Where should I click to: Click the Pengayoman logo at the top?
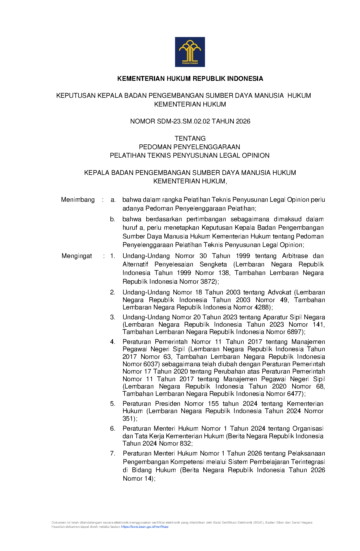[190, 52]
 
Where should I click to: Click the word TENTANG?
[190, 138]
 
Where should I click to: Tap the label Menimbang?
[78, 200]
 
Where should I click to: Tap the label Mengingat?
[77, 256]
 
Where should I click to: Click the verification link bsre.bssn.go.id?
[145, 527]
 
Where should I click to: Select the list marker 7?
[113, 454]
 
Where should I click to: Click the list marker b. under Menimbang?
[112, 219]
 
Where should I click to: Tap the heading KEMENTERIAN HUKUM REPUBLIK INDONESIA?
[190, 79]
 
